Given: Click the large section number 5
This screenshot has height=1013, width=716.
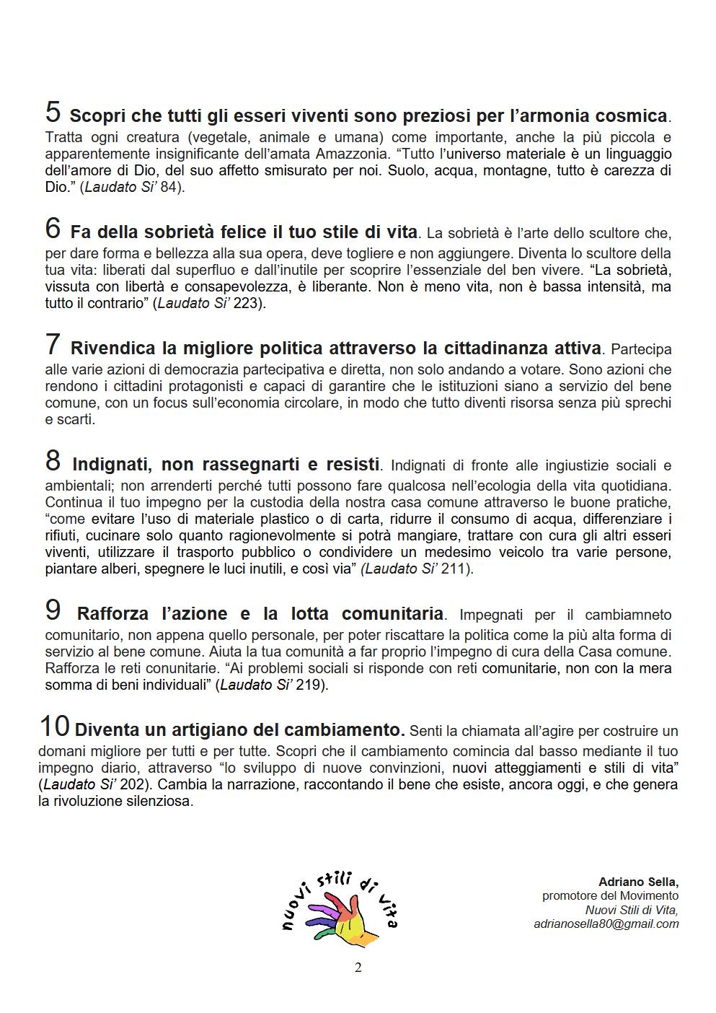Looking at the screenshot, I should tap(53, 113).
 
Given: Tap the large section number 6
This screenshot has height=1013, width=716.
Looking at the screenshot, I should tap(53, 229).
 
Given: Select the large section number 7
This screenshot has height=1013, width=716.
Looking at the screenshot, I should tap(53, 345).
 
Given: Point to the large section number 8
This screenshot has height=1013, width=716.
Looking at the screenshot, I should tap(53, 460).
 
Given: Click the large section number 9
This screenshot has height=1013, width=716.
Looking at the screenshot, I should tap(53, 611).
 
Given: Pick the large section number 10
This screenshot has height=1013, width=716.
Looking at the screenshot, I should tap(54, 726).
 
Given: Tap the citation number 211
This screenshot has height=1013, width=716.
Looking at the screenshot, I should tap(454, 569).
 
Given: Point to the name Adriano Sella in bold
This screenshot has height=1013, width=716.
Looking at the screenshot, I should tap(638, 882).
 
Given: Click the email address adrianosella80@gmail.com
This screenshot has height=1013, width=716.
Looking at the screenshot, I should tap(606, 924).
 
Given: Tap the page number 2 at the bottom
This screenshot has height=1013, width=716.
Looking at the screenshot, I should tap(358, 968).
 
